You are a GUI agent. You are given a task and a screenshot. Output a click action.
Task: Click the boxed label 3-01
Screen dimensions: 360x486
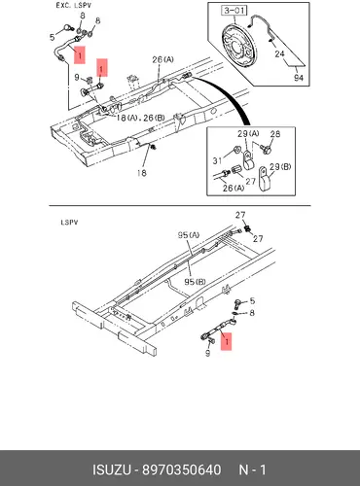click(234, 11)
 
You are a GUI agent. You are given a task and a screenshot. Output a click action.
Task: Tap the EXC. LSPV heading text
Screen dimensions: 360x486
click(73, 6)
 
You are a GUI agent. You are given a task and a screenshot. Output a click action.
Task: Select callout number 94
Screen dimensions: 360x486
click(299, 78)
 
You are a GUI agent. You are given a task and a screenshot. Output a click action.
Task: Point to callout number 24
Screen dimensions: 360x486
click(279, 53)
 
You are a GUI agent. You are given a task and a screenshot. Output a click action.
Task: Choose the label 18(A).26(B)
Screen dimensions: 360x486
click(140, 118)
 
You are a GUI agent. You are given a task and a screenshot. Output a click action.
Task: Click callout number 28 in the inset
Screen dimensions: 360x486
click(275, 134)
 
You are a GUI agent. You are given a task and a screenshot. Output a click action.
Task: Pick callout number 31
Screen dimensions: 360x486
click(218, 160)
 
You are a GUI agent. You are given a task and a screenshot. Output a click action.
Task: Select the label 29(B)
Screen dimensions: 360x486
click(280, 167)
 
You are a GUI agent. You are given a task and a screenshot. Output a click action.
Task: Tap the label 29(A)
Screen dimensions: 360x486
click(248, 133)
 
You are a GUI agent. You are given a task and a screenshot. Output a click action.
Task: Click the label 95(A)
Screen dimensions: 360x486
click(189, 235)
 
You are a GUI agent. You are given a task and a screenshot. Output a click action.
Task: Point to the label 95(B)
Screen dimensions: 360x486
click(195, 282)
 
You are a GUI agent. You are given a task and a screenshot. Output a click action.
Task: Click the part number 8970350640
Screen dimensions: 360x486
click(182, 469)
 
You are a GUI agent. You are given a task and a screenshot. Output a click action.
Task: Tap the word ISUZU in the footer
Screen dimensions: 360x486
click(112, 469)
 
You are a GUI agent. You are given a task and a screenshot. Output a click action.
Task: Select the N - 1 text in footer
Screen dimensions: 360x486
click(252, 469)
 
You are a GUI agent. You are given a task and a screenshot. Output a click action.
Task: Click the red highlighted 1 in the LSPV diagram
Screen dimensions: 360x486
click(227, 341)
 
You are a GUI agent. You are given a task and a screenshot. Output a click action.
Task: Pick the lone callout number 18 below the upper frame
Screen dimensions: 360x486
click(142, 173)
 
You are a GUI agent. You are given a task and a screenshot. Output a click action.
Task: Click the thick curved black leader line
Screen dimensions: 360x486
click(228, 93)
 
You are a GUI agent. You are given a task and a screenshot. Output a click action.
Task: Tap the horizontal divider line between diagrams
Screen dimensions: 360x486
click(180, 205)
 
